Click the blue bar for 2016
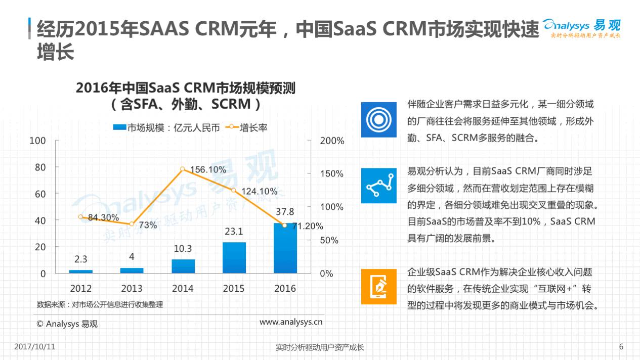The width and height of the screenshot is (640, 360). point(285,248)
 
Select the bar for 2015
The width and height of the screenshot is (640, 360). point(234,258)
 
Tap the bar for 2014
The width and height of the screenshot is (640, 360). point(183,266)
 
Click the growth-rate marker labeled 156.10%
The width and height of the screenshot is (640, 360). point(183,169)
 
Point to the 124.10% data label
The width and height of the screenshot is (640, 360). point(260,191)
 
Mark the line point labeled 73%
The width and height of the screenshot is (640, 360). point(132,224)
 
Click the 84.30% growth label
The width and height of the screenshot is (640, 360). point(103,217)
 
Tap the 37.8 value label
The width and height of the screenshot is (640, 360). point(285,211)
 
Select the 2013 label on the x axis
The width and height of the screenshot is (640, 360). point(132,288)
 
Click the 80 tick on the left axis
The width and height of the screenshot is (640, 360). point(40,167)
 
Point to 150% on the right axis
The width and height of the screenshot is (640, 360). point(332,173)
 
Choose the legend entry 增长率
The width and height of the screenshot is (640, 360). point(246,127)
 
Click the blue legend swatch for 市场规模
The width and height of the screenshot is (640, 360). point(119,127)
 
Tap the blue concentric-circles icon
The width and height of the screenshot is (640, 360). point(378,120)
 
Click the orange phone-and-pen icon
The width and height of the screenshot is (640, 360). point(378,286)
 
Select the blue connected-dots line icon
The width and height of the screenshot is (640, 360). point(378,186)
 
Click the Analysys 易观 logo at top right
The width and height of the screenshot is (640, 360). point(582,28)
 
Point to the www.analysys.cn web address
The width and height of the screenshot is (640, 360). point(291,322)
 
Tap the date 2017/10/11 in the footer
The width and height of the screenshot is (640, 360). point(34,346)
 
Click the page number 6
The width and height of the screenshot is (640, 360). point(621,346)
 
